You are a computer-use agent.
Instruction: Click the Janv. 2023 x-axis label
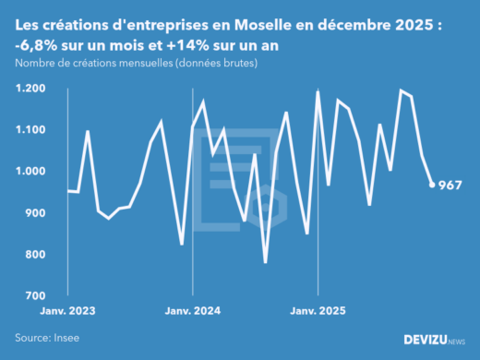(x=68, y=312)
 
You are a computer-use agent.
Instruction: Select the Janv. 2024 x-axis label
(x=192, y=312)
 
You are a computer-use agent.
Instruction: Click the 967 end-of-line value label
(x=450, y=185)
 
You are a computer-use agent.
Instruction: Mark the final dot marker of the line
(x=432, y=185)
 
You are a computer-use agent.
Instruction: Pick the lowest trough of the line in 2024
(x=266, y=262)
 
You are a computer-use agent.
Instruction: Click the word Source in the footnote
(x=33, y=338)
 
